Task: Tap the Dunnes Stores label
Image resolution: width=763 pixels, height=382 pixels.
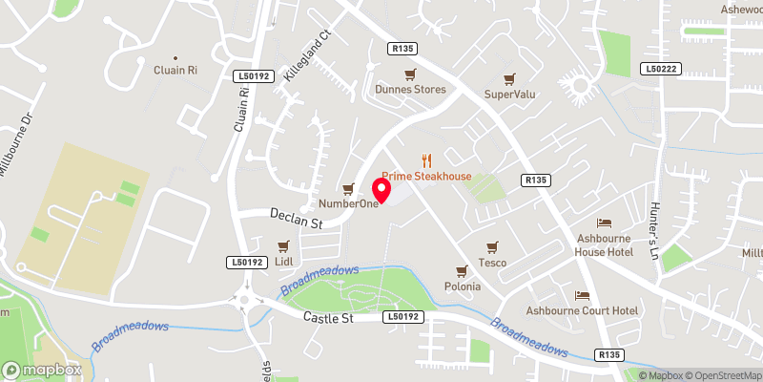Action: click(x=410, y=90)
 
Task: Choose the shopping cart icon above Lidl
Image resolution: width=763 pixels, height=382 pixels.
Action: click(x=281, y=245)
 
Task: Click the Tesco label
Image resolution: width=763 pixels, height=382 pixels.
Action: click(x=492, y=263)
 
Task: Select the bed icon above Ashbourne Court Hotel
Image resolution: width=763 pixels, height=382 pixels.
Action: click(x=582, y=295)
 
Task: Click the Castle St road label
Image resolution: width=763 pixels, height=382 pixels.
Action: click(x=328, y=316)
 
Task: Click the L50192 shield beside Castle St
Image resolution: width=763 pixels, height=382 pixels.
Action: click(x=403, y=316)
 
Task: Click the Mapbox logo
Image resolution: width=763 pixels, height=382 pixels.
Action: click(x=41, y=370)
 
